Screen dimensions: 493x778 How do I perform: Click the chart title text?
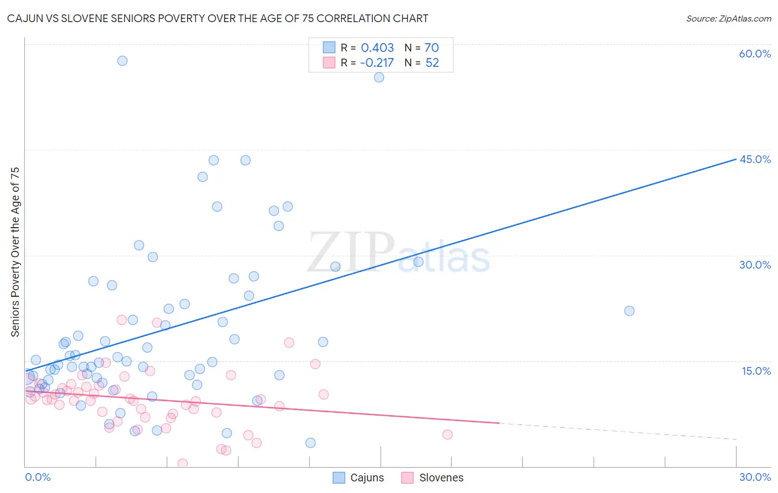click(x=217, y=19)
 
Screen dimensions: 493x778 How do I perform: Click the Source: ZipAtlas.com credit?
click(x=728, y=19)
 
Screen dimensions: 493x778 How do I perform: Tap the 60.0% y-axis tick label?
click(x=755, y=54)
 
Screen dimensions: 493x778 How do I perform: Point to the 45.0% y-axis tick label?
click(x=755, y=159)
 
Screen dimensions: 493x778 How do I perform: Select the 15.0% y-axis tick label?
click(x=756, y=371)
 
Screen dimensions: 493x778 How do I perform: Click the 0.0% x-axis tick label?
click(x=38, y=477)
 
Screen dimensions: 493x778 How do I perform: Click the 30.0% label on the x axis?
click(x=755, y=477)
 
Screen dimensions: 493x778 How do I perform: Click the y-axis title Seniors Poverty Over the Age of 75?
click(x=15, y=251)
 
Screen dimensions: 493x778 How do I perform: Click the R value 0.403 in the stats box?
click(x=377, y=48)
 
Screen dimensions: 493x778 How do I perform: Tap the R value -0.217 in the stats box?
click(x=376, y=63)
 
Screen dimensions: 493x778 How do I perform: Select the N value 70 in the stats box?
click(x=432, y=48)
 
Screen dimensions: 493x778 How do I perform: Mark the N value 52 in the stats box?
click(x=432, y=63)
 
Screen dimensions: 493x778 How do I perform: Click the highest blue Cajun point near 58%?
click(x=122, y=61)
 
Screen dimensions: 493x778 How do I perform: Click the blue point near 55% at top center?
click(x=379, y=77)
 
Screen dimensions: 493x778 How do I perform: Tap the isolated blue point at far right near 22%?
click(x=629, y=311)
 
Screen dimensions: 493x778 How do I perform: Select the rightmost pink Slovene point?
click(x=447, y=434)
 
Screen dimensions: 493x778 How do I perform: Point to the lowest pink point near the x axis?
click(x=182, y=464)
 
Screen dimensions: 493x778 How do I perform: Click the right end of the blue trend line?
click(x=736, y=159)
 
